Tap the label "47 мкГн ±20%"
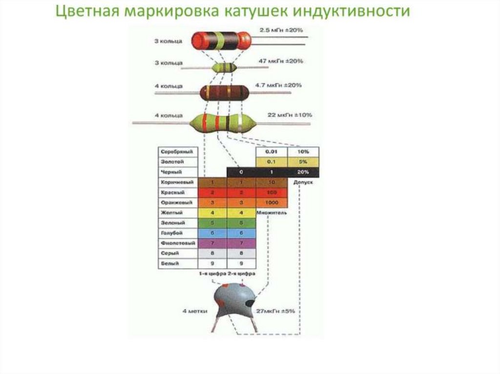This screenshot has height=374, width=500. coord(280,61)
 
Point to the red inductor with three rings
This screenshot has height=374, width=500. coord(221,40)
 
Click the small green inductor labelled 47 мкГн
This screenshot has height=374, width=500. coord(225,67)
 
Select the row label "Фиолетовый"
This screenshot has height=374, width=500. coord(177,242)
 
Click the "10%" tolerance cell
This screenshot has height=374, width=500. coord(303,152)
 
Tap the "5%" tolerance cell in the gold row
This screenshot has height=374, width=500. coord(303,162)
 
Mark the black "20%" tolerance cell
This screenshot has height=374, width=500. coord(303,172)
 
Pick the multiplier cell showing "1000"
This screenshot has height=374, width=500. coord(271,202)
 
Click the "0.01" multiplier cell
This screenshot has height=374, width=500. coord(271,152)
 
